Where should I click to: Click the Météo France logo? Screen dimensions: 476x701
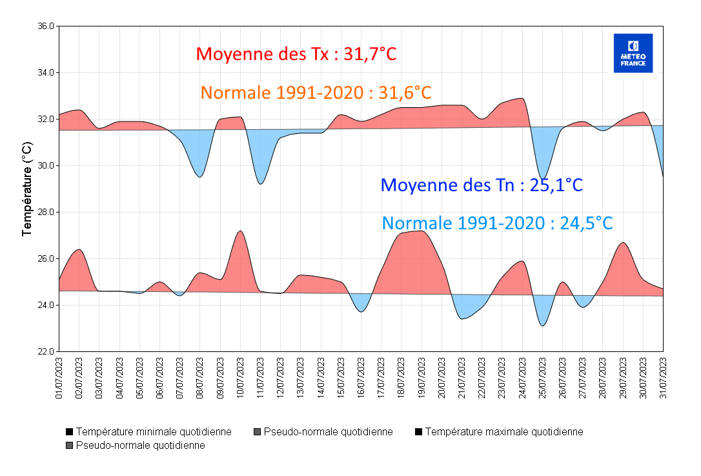(633, 53)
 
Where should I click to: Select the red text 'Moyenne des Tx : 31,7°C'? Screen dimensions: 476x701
(296, 54)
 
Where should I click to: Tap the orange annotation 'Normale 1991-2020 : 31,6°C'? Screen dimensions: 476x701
(316, 92)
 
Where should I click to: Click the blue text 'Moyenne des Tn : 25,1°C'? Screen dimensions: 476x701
(482, 185)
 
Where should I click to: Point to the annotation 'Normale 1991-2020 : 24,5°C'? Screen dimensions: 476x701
(497, 223)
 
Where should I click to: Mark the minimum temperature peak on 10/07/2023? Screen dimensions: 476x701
(240, 231)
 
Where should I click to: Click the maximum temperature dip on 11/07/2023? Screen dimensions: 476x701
(260, 184)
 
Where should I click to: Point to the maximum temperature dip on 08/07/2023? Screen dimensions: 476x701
(200, 177)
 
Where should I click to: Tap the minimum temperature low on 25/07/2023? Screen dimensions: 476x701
(542, 326)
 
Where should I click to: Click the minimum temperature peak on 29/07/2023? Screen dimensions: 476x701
(623, 243)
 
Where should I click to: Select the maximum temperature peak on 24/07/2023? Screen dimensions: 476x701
(522, 98)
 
